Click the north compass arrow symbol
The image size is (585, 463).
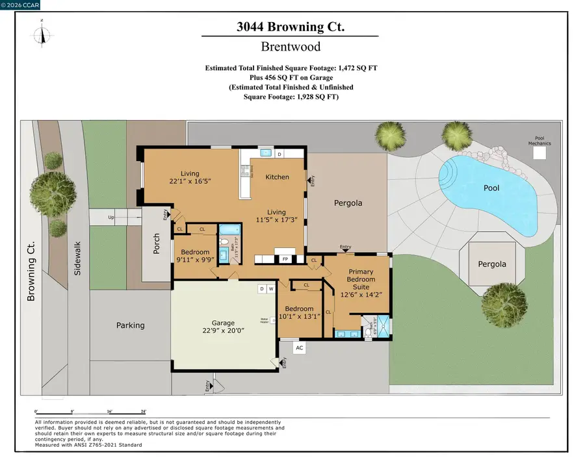pos(44,33)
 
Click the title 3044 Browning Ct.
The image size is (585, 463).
pos(290,27)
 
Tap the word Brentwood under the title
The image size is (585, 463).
pos(290,47)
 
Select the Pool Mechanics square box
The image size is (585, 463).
pos(539,153)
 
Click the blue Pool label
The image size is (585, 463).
pos(491,188)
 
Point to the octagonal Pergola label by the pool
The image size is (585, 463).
pos(491,264)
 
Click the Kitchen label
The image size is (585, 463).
pos(277,177)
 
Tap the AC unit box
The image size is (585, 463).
pos(299,347)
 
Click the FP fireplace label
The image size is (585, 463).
pos(284,259)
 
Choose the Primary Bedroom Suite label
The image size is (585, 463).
pos(362,279)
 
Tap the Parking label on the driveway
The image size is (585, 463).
pos(130,325)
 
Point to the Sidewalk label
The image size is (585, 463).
pos(77,260)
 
